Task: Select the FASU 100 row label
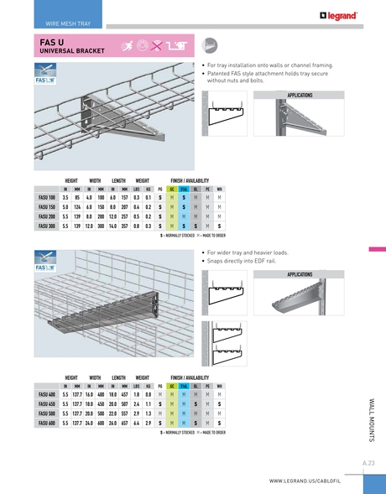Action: [47, 198]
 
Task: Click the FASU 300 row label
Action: [47, 226]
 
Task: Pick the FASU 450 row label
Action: [47, 404]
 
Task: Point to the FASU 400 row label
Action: [47, 395]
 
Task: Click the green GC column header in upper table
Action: [172, 190]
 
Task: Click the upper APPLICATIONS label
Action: [300, 96]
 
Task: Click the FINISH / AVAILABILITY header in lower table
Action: [190, 378]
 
